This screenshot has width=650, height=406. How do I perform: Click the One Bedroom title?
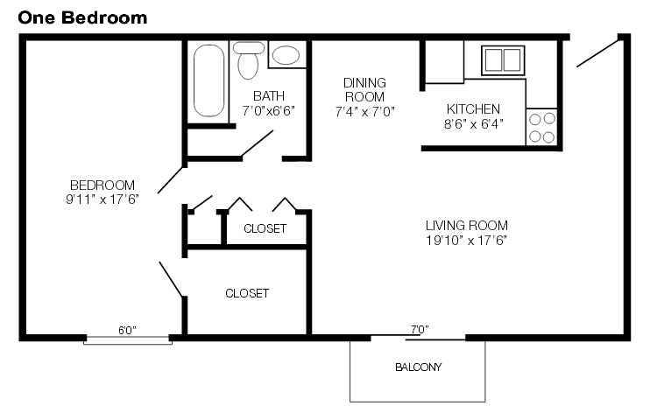click(x=83, y=17)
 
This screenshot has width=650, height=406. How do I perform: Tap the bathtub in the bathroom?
click(x=209, y=80)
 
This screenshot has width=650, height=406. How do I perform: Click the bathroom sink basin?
click(x=286, y=56)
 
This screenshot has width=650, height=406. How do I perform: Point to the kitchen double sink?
click(x=502, y=59)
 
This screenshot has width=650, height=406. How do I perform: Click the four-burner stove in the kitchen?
click(x=542, y=128)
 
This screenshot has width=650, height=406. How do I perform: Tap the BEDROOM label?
click(x=102, y=185)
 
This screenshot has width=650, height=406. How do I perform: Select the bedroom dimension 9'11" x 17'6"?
click(x=102, y=198)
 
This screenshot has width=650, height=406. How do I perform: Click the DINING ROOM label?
click(x=364, y=89)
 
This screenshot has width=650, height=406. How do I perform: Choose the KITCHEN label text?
click(x=473, y=109)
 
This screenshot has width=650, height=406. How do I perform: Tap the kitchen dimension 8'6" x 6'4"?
click(x=473, y=123)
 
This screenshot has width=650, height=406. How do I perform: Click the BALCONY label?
click(x=417, y=367)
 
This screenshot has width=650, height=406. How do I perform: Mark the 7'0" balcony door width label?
click(x=419, y=330)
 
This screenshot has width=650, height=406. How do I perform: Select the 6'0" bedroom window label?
click(x=127, y=330)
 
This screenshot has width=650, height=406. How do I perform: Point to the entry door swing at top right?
click(x=599, y=52)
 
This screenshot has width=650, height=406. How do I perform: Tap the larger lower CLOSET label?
click(x=246, y=293)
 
